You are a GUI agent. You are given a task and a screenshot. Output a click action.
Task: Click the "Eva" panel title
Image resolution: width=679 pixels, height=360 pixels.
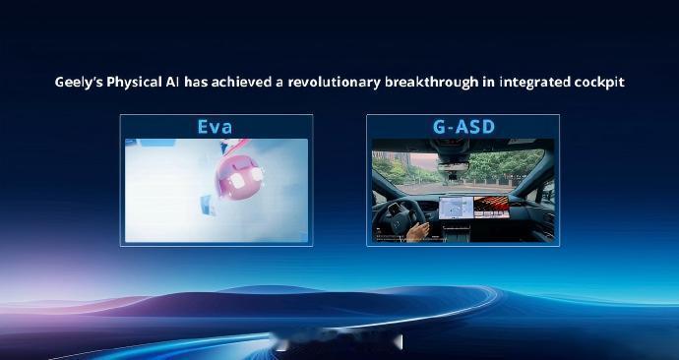[x=216, y=126]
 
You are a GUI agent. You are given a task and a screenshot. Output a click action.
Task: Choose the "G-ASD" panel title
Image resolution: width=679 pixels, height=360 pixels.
[x=463, y=126]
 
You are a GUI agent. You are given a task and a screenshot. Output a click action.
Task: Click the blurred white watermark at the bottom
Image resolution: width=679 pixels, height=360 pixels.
[x=339, y=343]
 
